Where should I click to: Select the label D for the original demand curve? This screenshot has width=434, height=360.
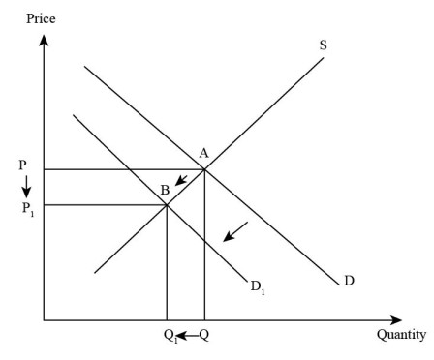pos(349,281)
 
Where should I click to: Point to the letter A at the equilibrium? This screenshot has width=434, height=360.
pos(204,153)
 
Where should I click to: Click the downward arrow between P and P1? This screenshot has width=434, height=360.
pos(26,186)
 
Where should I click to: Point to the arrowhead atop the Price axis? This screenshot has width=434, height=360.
pos(44,40)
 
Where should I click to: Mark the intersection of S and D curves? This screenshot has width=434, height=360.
pos(204,169)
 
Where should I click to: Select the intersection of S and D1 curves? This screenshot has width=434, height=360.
pos(167,204)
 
